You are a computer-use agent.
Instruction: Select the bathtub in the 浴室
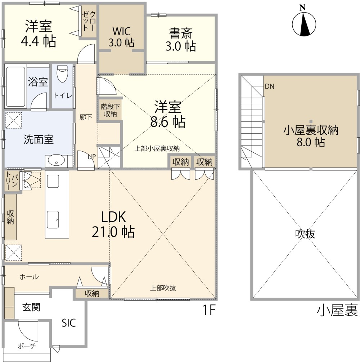coord(14,86)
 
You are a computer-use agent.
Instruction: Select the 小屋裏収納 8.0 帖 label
coord(311,136)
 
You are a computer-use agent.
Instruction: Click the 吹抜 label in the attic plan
coord(305,234)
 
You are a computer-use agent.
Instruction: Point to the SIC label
coord(68,323)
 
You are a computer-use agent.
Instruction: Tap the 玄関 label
coord(31,307)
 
